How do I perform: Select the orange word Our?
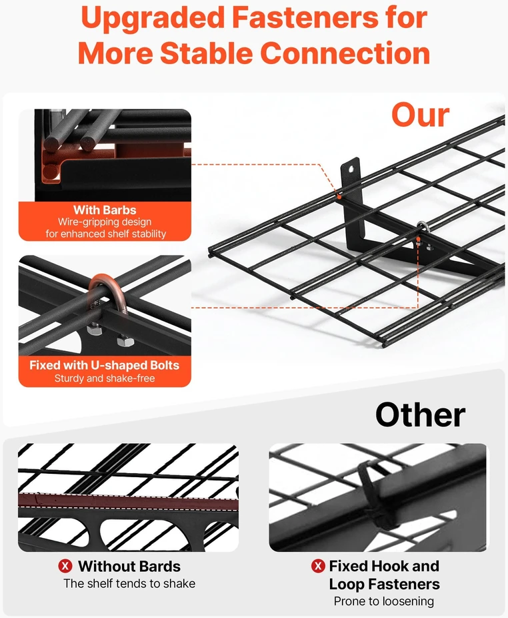(x=420, y=115)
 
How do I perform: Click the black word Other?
(x=420, y=414)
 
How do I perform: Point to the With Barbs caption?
(x=105, y=210)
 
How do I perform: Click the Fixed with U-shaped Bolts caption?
(x=105, y=365)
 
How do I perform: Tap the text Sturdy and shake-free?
(x=105, y=378)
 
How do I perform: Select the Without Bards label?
(x=129, y=567)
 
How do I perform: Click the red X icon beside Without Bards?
(x=65, y=567)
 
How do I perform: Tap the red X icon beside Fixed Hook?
(x=318, y=566)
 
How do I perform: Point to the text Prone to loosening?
(x=384, y=601)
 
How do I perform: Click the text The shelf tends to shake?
(x=129, y=583)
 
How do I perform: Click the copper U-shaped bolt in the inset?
(x=106, y=292)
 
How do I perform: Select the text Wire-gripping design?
(x=105, y=222)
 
